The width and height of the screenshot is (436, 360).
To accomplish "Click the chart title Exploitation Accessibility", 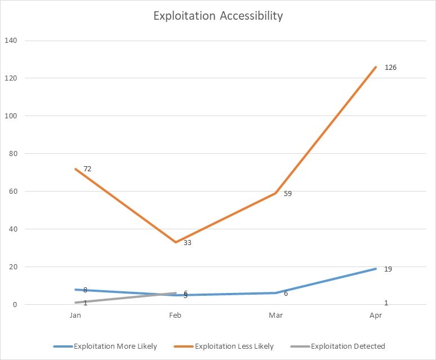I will pyautogui.click(x=218, y=16).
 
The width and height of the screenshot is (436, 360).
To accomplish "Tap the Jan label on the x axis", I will pyautogui.click(x=75, y=315).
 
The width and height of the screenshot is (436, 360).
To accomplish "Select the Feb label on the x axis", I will pyautogui.click(x=176, y=315).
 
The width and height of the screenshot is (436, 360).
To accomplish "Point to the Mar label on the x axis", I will pyautogui.click(x=275, y=315).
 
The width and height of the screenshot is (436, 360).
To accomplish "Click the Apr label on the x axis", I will pyautogui.click(x=376, y=315).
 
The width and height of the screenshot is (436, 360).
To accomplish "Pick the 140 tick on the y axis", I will pyautogui.click(x=11, y=41).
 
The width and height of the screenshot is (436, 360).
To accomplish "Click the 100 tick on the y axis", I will pyautogui.click(x=11, y=116).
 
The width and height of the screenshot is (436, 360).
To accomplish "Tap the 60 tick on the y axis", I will pyautogui.click(x=13, y=192).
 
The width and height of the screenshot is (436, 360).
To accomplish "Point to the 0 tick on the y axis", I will pyautogui.click(x=15, y=305).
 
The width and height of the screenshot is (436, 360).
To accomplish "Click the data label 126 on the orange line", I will pyautogui.click(x=390, y=68).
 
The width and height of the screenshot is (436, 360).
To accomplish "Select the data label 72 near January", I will pyautogui.click(x=87, y=169).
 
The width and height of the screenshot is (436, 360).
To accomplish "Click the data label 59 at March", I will pyautogui.click(x=288, y=194).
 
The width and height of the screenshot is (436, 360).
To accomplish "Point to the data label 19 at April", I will pyautogui.click(x=388, y=269).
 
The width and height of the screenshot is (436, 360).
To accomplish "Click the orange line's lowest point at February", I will pyautogui.click(x=176, y=242).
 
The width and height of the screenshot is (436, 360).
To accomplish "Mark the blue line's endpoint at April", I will pyautogui.click(x=376, y=269).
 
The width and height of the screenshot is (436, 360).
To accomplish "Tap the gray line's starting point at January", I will pyautogui.click(x=75, y=303).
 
